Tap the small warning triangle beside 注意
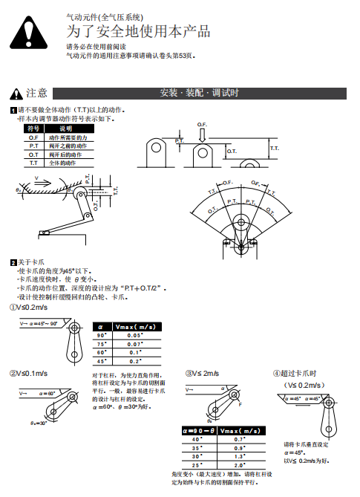(x=16, y=94)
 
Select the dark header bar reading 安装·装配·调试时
(x=199, y=93)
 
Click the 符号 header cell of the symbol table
(x=33, y=129)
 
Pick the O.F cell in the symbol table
(x=33, y=137)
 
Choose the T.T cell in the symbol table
(x=33, y=162)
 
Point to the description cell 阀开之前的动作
(x=68, y=146)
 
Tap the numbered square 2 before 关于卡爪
(x=13, y=262)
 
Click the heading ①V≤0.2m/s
(x=28, y=306)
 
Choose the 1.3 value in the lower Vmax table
(x=240, y=456)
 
